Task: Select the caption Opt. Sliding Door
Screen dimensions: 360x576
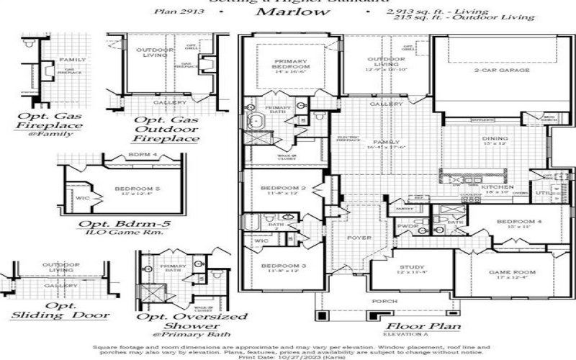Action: [61, 311]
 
